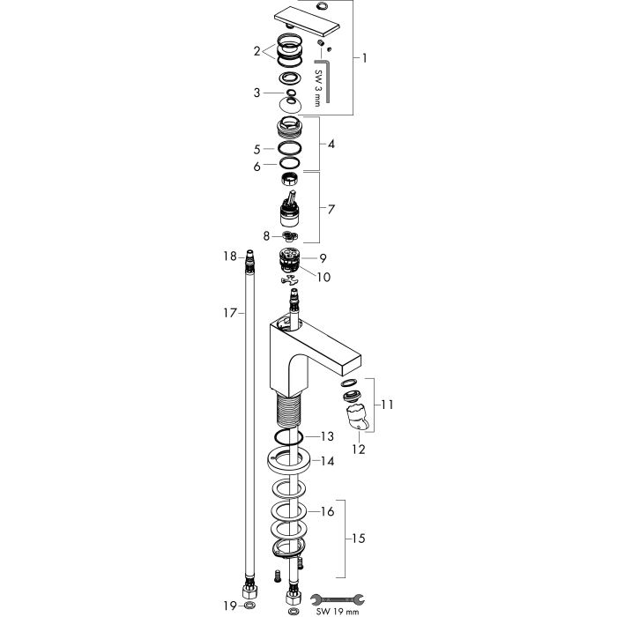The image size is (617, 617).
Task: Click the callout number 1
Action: point(365,58)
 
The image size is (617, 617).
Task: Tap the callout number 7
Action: point(331,210)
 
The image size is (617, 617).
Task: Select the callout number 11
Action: point(387,405)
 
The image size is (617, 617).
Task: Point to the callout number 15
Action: point(358,538)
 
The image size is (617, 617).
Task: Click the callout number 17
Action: point(231,313)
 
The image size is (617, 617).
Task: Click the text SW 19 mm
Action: point(338,612)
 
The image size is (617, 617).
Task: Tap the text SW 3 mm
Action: point(317,88)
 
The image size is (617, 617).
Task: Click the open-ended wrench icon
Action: point(338,599)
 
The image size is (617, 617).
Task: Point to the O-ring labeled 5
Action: point(290,148)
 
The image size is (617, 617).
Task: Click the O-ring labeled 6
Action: point(290,163)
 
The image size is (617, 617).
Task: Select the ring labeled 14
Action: point(289,459)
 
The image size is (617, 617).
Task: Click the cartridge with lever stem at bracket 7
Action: point(289,210)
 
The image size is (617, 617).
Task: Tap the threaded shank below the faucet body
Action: point(289,412)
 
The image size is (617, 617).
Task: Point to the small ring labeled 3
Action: point(291,93)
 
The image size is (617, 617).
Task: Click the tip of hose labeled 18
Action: point(249,252)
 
